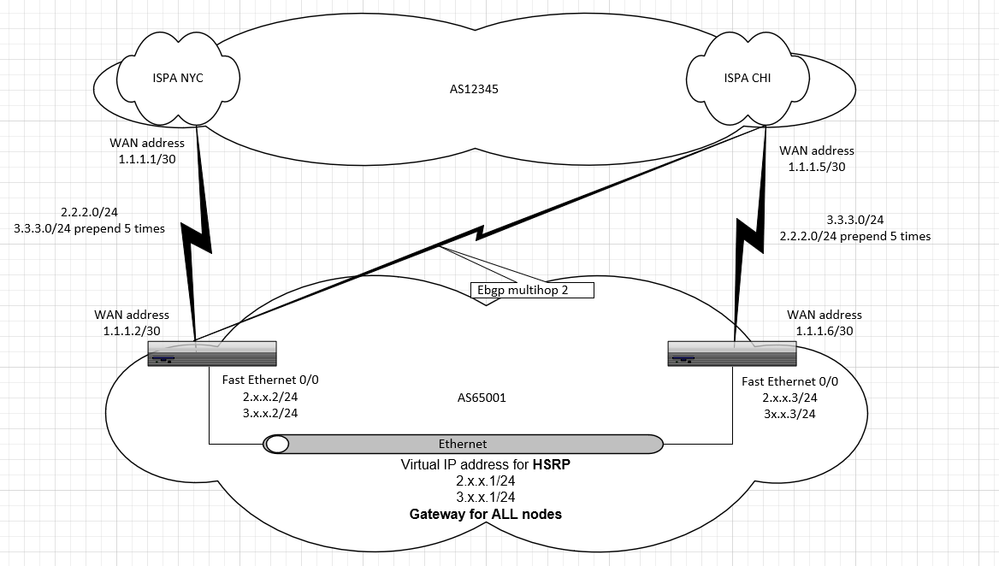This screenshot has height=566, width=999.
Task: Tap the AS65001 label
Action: (482, 398)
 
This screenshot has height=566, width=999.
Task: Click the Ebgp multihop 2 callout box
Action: (532, 291)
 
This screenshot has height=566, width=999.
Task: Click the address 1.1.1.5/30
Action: (816, 167)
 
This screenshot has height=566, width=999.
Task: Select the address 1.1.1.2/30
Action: (132, 331)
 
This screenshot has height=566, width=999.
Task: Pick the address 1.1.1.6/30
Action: (824, 331)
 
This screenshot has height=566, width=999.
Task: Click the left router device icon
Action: (212, 353)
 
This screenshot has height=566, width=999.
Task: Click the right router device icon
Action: (733, 353)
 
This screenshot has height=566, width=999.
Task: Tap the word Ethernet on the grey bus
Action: (462, 444)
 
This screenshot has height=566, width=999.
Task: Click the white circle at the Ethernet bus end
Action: (277, 444)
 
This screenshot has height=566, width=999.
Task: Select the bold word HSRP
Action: (551, 465)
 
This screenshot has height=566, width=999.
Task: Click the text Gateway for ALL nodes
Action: (485, 514)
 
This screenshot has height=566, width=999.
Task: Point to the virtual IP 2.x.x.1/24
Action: (486, 481)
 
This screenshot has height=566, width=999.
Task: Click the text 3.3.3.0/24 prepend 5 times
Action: (89, 228)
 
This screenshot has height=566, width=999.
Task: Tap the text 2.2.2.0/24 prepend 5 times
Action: (854, 236)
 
